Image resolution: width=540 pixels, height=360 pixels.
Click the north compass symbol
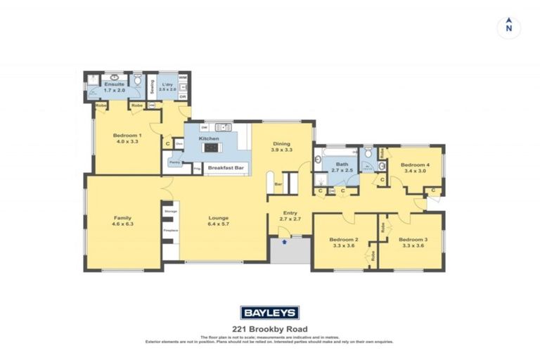coord(508,27)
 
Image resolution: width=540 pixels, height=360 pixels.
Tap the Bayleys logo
coord(270,313)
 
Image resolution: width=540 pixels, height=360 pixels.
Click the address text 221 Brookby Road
coord(270,328)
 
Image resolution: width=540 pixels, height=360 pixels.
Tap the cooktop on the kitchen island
coord(211,148)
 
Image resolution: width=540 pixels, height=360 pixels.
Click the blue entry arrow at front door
coord(283,241)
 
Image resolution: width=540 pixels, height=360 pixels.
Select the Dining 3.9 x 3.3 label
coord(282,146)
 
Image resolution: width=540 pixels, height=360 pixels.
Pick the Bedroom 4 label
coord(415,167)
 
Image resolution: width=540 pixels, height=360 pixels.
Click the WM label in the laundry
coord(182,77)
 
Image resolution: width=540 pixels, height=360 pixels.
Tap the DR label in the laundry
coord(182,96)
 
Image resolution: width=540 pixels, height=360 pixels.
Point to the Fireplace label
coord(170,230)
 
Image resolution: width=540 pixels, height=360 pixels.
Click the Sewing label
coord(151,87)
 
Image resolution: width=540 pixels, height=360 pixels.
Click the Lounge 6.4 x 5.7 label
coord(219,221)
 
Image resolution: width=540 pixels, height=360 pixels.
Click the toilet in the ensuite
coord(137,79)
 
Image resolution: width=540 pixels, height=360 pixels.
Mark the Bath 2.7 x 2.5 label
coord(342,167)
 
